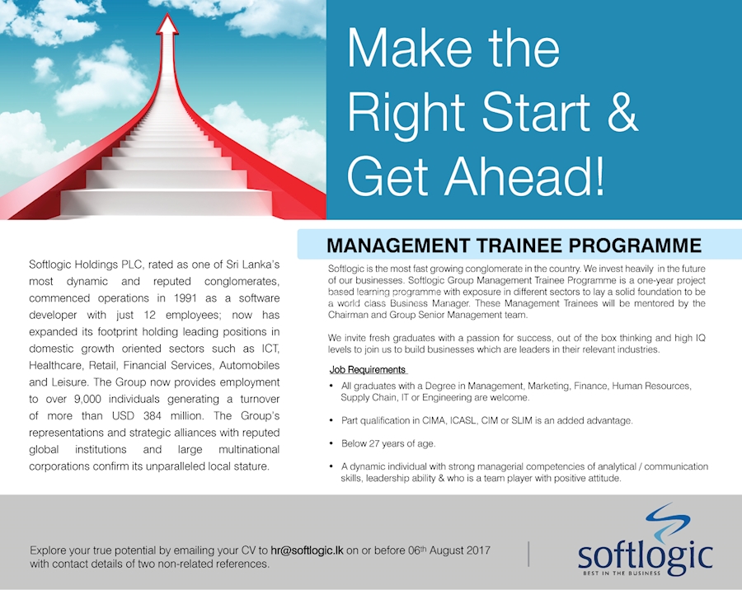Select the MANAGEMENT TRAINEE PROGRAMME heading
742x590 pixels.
(x=514, y=246)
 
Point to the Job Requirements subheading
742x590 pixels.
(x=367, y=369)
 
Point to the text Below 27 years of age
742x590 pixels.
(x=388, y=443)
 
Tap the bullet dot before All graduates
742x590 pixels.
(x=331, y=386)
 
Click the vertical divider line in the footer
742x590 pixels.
(x=528, y=554)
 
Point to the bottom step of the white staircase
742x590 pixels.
(x=165, y=202)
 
